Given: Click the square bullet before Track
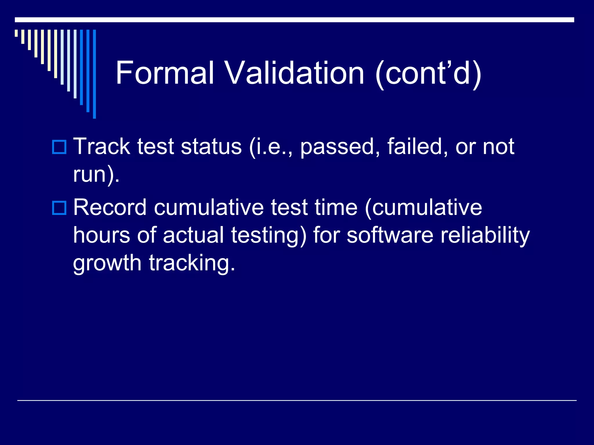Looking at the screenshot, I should pos(59,147).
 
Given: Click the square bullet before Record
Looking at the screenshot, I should pos(59,208).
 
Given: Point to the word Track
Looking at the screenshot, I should pos(102,146).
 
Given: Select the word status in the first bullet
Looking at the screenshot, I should pos(211,146).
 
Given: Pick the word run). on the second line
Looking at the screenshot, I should pos(96,175).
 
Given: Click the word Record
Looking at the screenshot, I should pos(110,207).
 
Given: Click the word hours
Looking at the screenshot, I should pos(102,235).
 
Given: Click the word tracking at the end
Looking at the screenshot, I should pos(191,263).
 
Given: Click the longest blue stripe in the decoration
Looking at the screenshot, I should pos(94,74).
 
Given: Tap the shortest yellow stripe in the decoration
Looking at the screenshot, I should pos(16,33).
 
